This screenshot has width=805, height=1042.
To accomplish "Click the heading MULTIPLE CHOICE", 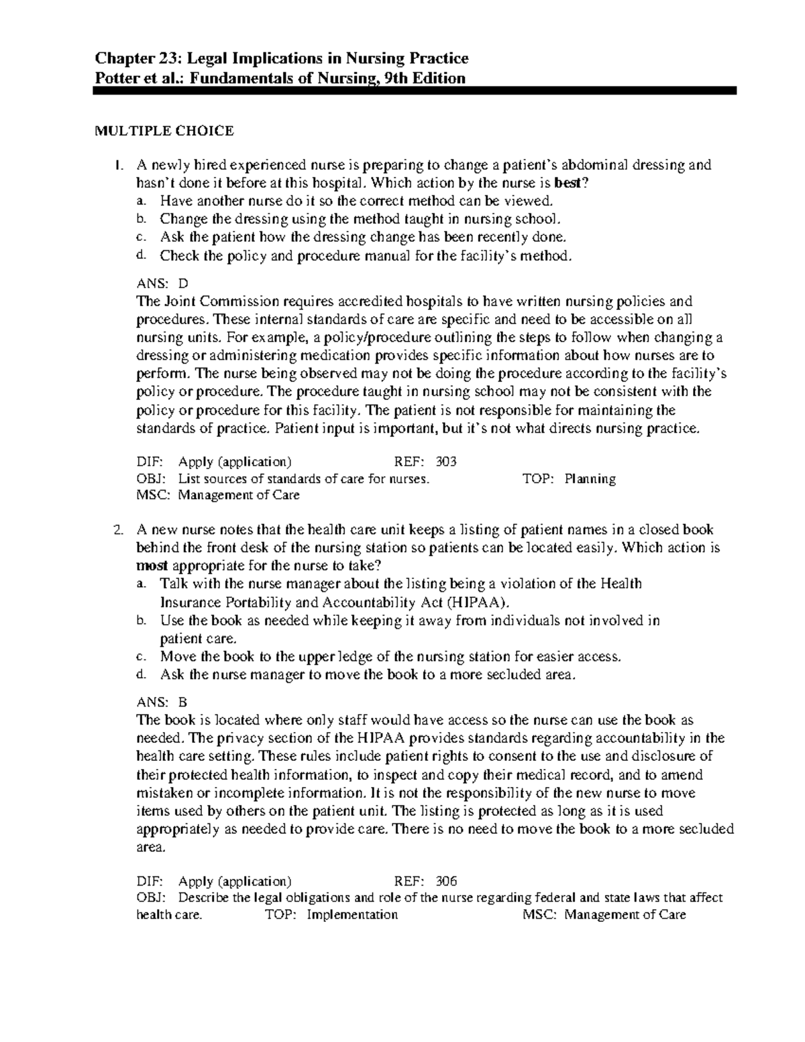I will pos(164,131).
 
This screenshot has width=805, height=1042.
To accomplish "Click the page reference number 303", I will pos(446,462).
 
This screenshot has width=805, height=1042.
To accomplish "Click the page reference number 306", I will pos(446,881).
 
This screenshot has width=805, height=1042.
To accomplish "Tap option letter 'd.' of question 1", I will pos(140,255).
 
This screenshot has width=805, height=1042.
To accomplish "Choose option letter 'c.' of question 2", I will pos(140,656).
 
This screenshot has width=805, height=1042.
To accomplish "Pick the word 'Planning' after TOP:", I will pos(590,478).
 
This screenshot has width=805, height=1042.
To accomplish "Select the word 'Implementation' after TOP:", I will pos(352,915).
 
